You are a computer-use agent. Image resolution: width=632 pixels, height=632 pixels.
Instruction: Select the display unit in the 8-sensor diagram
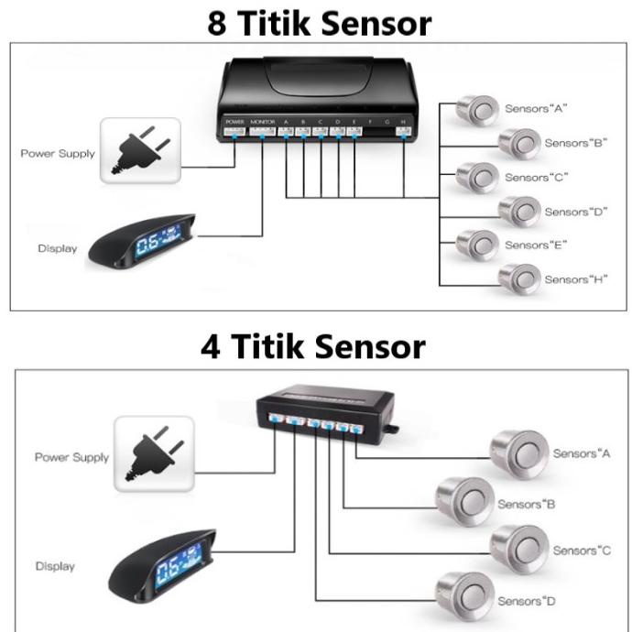pyautogui.click(x=142, y=241)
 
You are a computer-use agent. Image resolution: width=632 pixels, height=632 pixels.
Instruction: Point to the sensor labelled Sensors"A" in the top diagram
pyautogui.click(x=477, y=109)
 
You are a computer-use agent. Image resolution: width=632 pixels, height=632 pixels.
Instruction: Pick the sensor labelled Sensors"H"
pyautogui.click(x=519, y=278)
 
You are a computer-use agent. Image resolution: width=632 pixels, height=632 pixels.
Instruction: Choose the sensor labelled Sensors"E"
pyautogui.click(x=477, y=245)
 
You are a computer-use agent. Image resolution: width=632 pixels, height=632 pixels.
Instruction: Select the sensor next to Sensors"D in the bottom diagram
pyautogui.click(x=463, y=596)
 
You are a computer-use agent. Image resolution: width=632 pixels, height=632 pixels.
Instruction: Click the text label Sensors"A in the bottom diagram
pyautogui.click(x=582, y=453)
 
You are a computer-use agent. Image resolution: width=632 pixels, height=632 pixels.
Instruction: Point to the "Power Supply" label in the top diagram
pyautogui.click(x=58, y=154)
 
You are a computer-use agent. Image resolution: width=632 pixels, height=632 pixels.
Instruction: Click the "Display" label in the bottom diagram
pyautogui.click(x=55, y=566)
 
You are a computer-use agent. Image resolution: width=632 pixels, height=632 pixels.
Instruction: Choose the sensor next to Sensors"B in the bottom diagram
pyautogui.click(x=463, y=500)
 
